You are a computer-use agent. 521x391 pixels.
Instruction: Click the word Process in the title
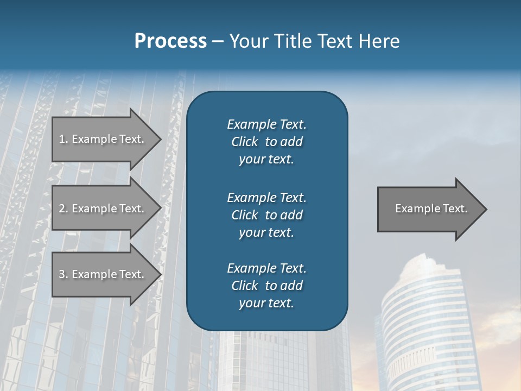point(170,41)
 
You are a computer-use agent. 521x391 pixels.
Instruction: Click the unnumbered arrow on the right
point(429,209)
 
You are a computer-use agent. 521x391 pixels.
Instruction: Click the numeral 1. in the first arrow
point(63,139)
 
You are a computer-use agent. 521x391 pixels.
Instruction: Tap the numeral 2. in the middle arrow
point(63,209)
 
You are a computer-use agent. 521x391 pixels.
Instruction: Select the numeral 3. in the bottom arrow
point(63,274)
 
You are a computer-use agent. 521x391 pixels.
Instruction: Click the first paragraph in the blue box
point(266,142)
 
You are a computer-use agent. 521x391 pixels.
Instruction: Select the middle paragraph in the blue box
point(266,215)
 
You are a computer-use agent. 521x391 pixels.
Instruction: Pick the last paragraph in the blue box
point(266,286)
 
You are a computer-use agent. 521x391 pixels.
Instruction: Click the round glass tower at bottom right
point(423,326)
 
